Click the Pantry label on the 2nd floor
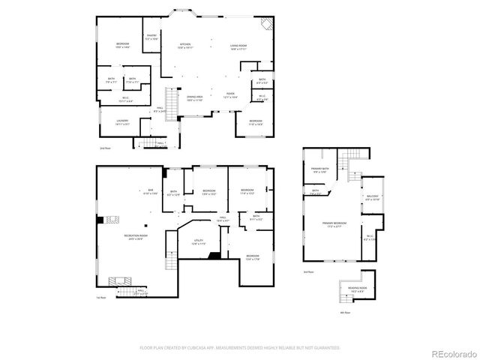click(x=151, y=36)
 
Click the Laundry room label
click(x=122, y=122)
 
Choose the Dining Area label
click(x=194, y=98)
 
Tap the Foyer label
click(x=231, y=95)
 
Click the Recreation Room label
click(x=135, y=238)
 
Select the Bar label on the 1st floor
click(x=150, y=191)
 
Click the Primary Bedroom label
click(x=334, y=224)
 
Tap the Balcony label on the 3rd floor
click(x=373, y=199)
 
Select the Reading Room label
click(x=357, y=289)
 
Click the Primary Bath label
click(x=320, y=171)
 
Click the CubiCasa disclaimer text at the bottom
click(x=240, y=348)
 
